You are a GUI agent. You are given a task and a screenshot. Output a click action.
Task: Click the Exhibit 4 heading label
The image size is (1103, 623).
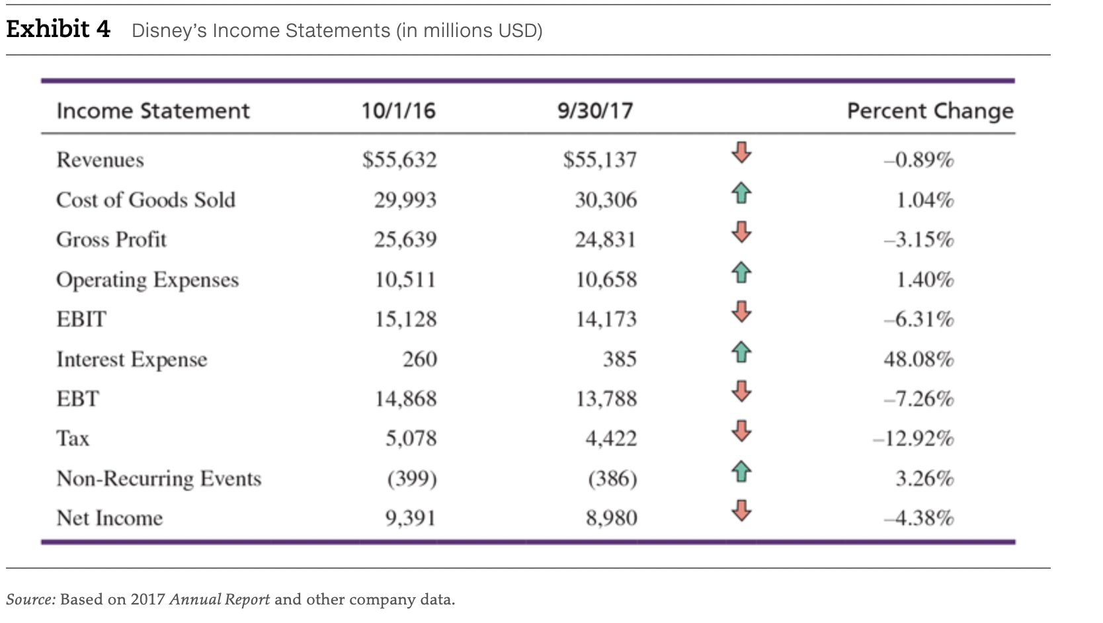(58, 30)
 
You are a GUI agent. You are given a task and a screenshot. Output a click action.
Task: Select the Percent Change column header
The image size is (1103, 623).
(930, 110)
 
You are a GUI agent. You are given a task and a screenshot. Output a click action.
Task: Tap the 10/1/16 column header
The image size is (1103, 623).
(398, 110)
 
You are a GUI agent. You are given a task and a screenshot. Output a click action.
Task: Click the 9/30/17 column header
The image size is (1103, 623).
(595, 110)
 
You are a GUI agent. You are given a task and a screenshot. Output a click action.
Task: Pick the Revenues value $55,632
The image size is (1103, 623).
(399, 160)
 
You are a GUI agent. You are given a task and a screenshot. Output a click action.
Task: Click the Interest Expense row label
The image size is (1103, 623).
(132, 359)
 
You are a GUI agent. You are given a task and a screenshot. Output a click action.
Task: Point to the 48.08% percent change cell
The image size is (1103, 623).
(919, 359)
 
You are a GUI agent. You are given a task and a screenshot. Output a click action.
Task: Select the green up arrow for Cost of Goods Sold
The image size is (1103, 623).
(741, 193)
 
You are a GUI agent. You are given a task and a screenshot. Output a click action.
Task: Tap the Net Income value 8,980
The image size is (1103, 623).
(612, 518)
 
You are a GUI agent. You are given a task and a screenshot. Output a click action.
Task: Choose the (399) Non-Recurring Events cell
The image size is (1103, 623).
(412, 478)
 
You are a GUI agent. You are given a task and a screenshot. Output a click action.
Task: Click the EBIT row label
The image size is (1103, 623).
(81, 319)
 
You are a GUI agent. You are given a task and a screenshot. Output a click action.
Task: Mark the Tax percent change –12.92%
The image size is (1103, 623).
(913, 438)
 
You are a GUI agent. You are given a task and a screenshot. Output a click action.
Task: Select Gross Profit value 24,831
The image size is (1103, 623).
(605, 239)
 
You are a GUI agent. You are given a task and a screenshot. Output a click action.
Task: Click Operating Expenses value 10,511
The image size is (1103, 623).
(405, 280)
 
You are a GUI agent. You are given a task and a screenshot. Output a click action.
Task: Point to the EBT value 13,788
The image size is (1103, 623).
(606, 399)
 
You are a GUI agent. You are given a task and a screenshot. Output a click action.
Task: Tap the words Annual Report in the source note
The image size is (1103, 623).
(220, 600)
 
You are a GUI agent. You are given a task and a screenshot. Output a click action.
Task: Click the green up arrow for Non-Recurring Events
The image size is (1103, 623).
(741, 472)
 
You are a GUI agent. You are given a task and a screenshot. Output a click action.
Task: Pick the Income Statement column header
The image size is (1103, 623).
(153, 110)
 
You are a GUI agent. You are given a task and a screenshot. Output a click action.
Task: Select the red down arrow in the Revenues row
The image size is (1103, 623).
(741, 153)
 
